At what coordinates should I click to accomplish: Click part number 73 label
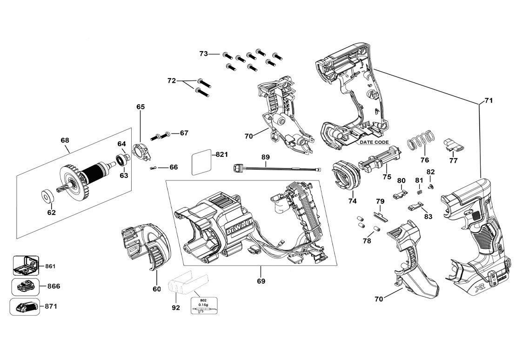click(x=203, y=54)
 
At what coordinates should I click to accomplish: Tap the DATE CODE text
click(x=374, y=142)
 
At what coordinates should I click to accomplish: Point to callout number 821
click(x=221, y=154)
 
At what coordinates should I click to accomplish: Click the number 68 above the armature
click(x=65, y=140)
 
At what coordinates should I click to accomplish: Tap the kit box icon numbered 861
click(x=26, y=266)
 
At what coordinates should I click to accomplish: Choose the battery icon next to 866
click(x=26, y=286)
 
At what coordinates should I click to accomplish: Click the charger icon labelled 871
click(x=26, y=307)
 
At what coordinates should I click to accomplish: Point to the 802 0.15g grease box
click(x=203, y=306)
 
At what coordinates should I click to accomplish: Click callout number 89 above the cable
click(x=265, y=158)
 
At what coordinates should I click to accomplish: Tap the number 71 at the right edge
click(x=488, y=100)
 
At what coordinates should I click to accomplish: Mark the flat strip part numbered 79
click(x=381, y=215)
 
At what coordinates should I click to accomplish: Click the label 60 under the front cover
click(x=156, y=289)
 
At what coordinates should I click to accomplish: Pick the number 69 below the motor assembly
click(x=261, y=281)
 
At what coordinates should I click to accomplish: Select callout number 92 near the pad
click(x=175, y=307)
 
